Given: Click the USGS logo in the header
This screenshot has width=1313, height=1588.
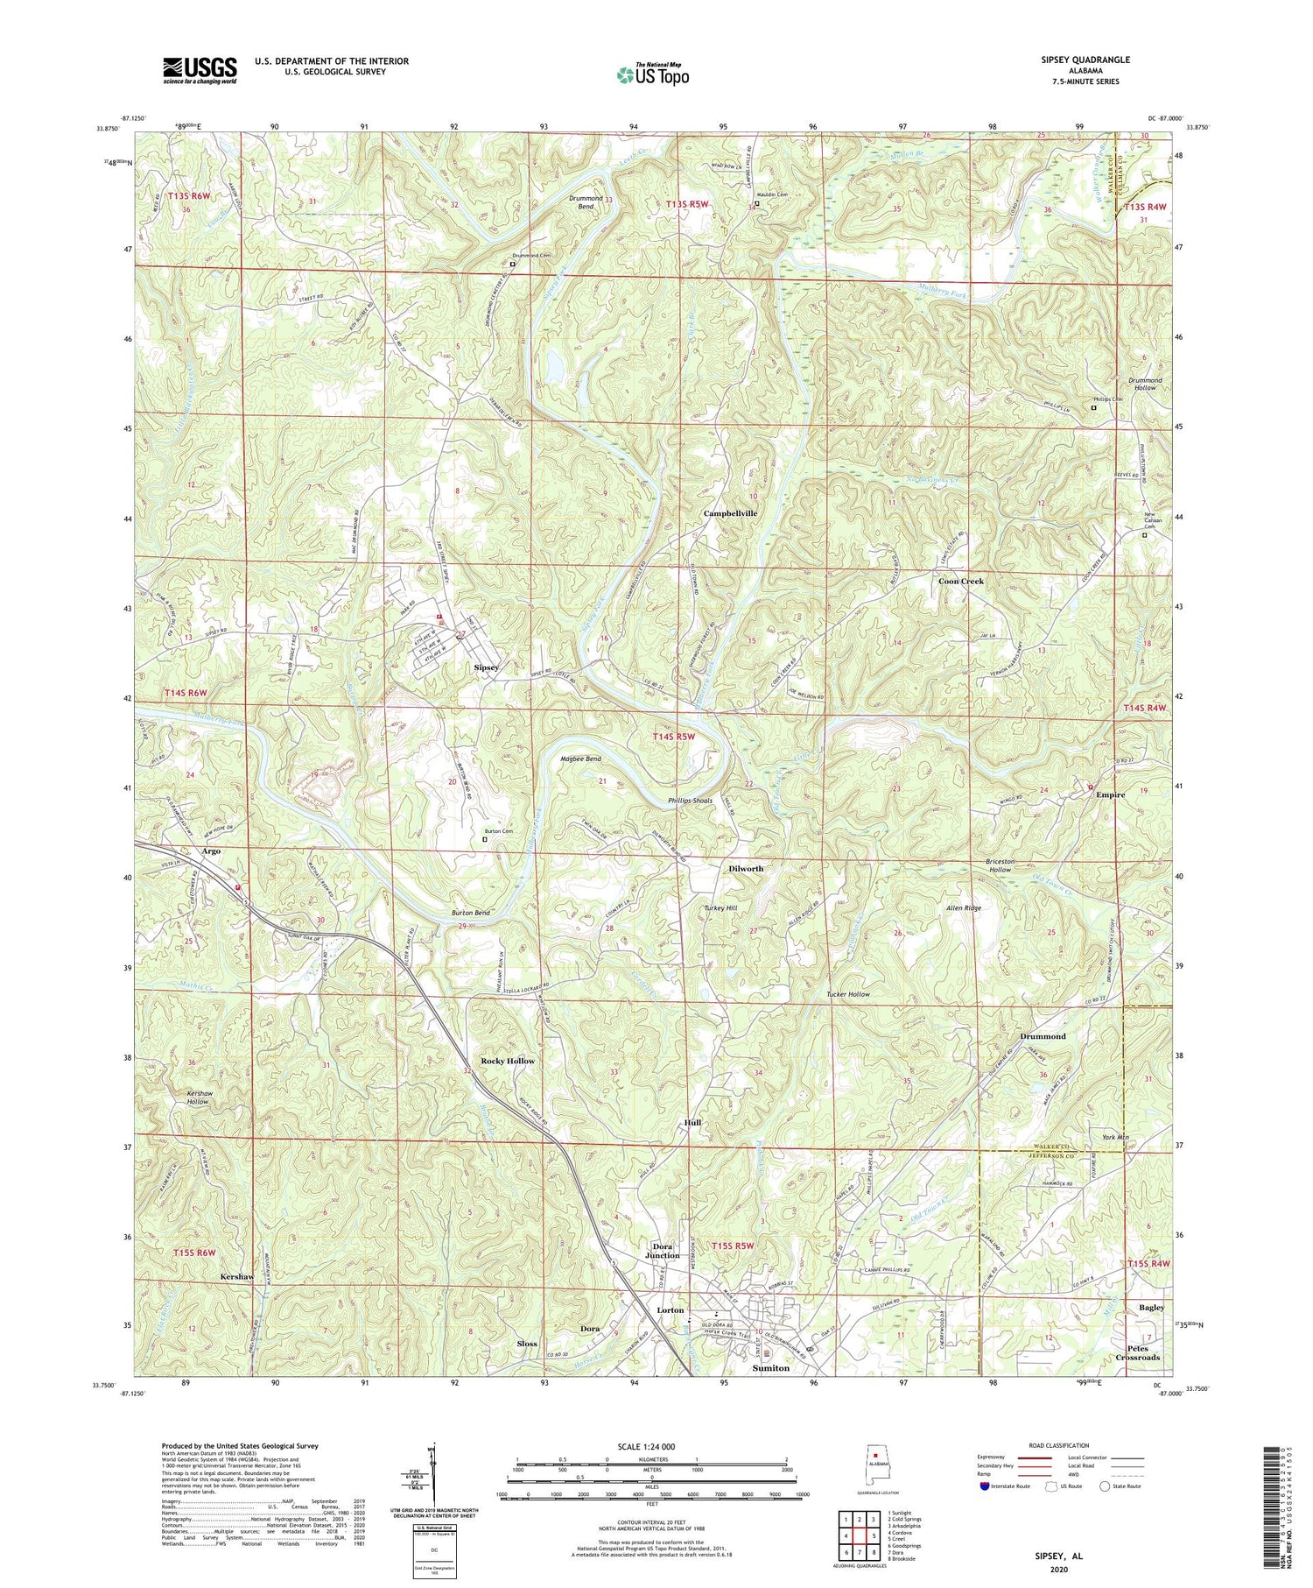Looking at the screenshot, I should [200, 70].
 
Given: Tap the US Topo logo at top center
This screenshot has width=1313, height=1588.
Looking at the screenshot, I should [652, 75].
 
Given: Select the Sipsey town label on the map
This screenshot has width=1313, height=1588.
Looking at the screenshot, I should [486, 667].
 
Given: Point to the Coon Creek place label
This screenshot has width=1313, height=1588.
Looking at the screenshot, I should [961, 581].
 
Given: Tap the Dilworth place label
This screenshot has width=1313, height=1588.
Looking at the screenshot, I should [746, 868].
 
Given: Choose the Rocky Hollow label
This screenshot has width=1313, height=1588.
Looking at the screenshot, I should [508, 1061].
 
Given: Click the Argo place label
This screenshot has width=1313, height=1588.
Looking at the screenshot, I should [211, 850].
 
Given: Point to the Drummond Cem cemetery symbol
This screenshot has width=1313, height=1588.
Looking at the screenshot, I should [513, 264].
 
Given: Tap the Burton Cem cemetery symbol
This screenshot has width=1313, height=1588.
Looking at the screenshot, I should [486, 839].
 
